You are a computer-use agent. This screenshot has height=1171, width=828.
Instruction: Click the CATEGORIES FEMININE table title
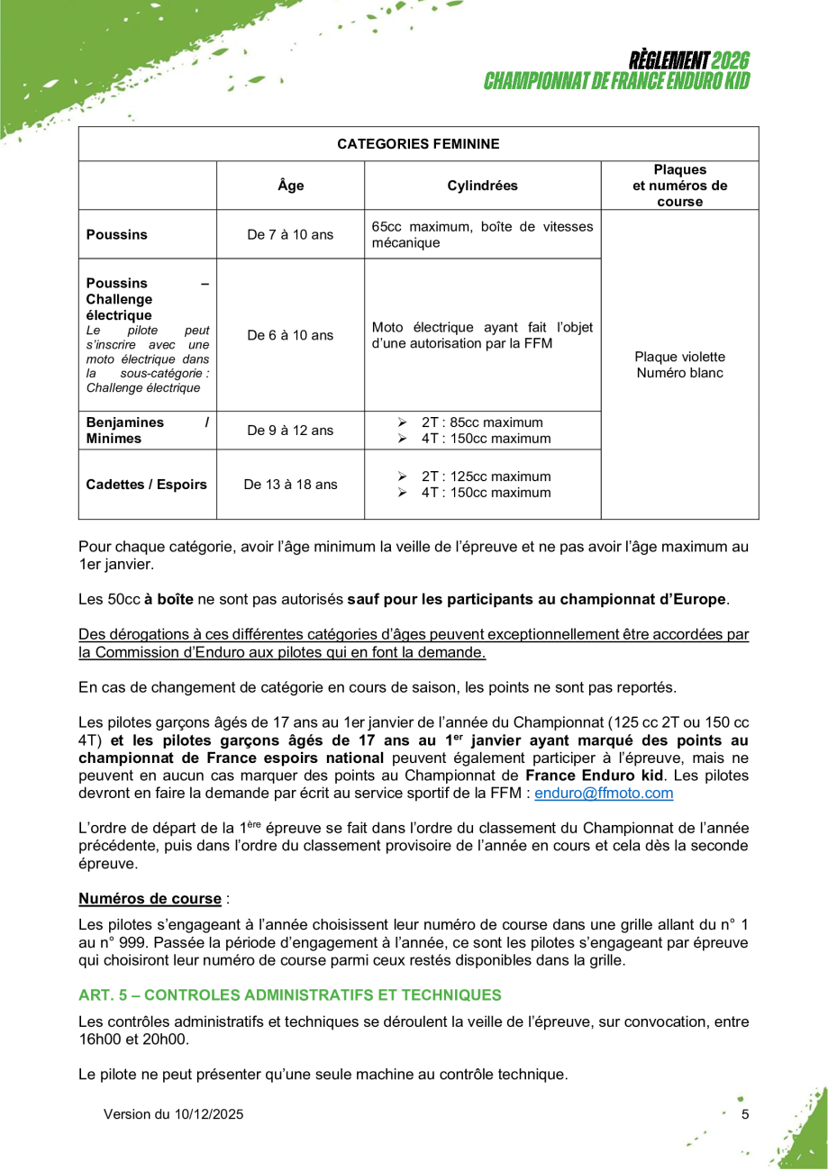(418, 144)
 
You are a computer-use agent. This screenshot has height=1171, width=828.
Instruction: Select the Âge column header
(290, 186)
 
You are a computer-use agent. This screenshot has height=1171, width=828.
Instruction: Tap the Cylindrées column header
(482, 186)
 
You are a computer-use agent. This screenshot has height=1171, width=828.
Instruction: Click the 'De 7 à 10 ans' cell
(290, 235)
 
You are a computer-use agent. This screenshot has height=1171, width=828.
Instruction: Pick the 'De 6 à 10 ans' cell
(290, 335)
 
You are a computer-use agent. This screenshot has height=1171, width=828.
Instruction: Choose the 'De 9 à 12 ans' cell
(290, 431)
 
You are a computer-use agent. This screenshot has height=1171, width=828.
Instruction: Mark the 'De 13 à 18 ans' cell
(290, 485)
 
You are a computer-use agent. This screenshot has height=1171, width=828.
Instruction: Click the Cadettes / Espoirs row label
(146, 485)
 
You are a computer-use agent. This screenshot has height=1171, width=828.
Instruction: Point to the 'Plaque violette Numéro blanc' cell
(679, 365)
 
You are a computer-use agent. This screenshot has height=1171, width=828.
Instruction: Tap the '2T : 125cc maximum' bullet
(486, 477)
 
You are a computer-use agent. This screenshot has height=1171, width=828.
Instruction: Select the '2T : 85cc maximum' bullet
(482, 422)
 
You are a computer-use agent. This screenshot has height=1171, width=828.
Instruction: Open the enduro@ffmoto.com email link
(604, 794)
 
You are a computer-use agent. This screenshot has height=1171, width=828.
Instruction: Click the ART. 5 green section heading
(289, 995)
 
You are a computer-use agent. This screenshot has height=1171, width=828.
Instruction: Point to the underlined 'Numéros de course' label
(150, 898)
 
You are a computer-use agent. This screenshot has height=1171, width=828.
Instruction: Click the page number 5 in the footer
(745, 1114)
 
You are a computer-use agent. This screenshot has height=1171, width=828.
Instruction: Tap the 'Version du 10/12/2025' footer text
(173, 1114)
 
